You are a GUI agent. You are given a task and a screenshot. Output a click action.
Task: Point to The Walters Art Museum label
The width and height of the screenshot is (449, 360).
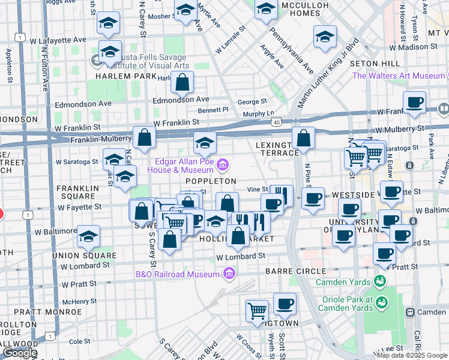tap(398, 76)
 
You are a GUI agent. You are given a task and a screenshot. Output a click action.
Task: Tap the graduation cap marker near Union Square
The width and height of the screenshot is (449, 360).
tap(88, 237)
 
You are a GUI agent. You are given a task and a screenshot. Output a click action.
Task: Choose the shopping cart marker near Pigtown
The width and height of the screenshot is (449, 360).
tap(257, 310)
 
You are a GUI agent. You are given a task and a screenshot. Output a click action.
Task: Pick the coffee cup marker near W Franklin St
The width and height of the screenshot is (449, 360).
tap(414, 102)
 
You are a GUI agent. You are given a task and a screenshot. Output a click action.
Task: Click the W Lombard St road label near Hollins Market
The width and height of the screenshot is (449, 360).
tap(240, 256)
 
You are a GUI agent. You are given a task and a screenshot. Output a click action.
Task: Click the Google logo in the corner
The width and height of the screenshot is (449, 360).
tap(19, 353)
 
